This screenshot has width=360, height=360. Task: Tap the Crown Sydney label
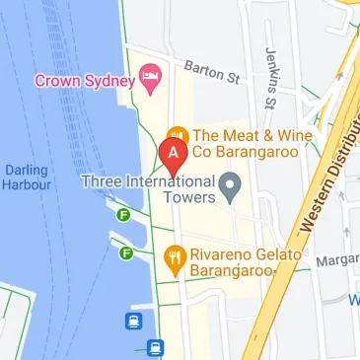pos(84,79)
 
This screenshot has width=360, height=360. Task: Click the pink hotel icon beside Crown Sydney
pos(150,78)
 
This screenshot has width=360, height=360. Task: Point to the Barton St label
pos(212,72)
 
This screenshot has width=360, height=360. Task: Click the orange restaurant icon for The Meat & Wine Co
pos(178,135)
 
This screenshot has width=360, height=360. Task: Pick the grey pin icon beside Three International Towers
pos(231,184)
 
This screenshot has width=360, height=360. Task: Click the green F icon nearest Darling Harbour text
pos(124,215)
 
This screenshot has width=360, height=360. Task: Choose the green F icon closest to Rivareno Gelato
pos(126,253)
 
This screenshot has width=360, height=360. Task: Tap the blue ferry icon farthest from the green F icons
pos(155,347)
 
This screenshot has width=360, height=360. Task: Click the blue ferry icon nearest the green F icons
pos(133,320)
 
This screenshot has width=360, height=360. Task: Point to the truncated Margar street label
pos(338,261)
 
